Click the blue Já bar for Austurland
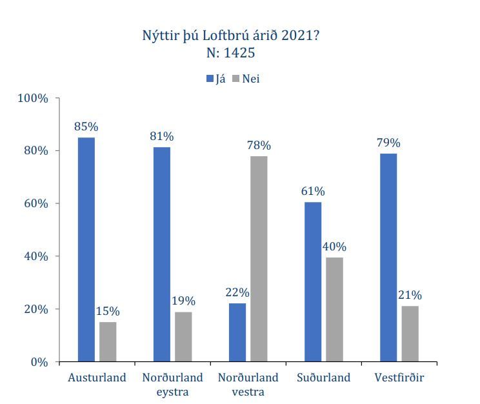(x=86, y=249)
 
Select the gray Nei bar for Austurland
(x=108, y=341)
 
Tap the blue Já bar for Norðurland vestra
(x=237, y=332)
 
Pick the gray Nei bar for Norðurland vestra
(x=259, y=259)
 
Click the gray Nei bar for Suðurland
(x=334, y=309)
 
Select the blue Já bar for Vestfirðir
(x=388, y=258)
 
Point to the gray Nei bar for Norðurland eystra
(x=183, y=336)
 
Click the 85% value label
(x=86, y=126)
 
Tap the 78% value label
(x=259, y=145)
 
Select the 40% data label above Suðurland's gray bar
(x=334, y=247)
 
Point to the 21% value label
(x=410, y=295)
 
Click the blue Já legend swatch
(x=210, y=79)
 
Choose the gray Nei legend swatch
(x=236, y=79)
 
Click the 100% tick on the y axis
(x=34, y=98)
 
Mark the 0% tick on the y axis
(x=39, y=362)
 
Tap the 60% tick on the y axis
(x=36, y=204)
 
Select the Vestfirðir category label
(x=399, y=378)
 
